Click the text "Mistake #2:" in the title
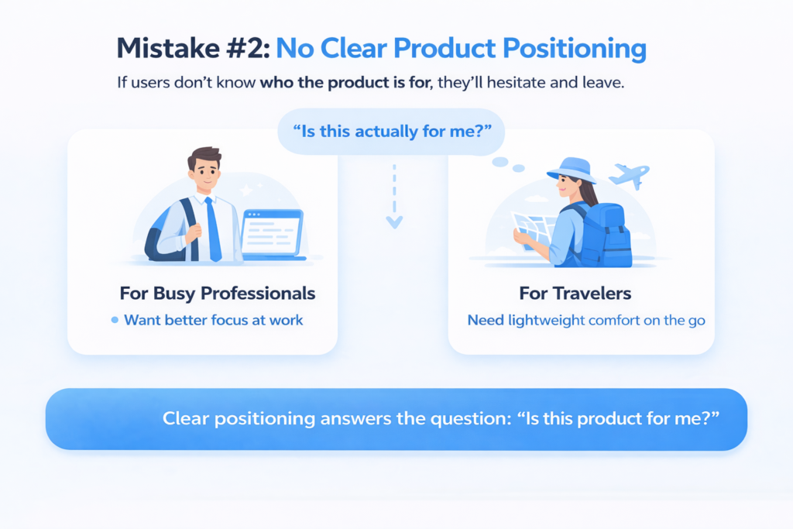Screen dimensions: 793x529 click(x=194, y=49)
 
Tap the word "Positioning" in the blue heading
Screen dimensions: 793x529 click(x=575, y=50)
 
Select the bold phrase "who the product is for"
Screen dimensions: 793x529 click(x=346, y=82)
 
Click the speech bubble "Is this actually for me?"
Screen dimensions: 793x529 click(x=391, y=132)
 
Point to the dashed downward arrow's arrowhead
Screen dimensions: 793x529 click(x=394, y=222)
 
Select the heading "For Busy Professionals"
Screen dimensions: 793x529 click(x=218, y=294)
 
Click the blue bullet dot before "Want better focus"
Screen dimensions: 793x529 click(x=115, y=320)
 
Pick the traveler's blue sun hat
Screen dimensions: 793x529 click(x=572, y=170)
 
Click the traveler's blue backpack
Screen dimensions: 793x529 click(x=605, y=235)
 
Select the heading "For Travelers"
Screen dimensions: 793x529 click(x=575, y=294)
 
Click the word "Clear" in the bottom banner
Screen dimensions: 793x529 click(x=186, y=419)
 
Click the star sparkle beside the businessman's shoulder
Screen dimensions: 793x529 click(x=246, y=191)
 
